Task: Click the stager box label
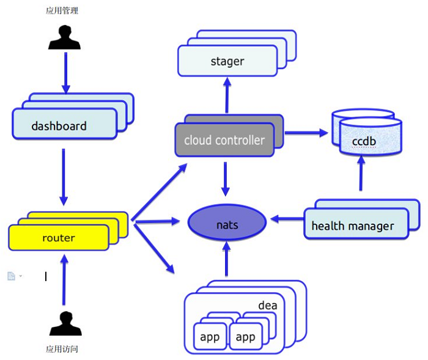click(x=227, y=61)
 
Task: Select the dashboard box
click(x=65, y=123)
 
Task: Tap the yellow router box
click(x=59, y=237)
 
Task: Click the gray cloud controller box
click(x=224, y=140)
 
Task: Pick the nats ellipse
click(x=227, y=222)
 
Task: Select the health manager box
click(x=356, y=224)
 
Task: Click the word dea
click(x=268, y=306)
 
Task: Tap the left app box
click(x=210, y=336)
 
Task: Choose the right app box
click(x=246, y=336)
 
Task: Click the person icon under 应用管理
click(x=64, y=37)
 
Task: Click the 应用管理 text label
click(x=62, y=10)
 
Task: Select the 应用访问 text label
click(x=62, y=349)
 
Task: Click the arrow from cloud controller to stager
click(x=227, y=95)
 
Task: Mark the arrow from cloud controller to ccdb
click(x=306, y=133)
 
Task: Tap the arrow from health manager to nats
click(x=287, y=219)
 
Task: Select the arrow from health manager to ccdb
click(x=361, y=173)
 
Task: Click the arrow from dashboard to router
click(x=64, y=177)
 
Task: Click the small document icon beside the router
click(x=11, y=276)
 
